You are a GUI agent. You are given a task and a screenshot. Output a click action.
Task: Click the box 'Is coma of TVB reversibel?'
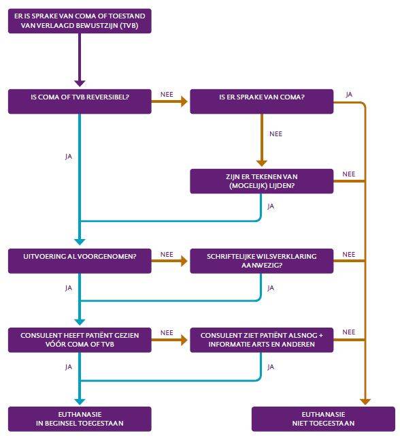pyautogui.click(x=80, y=101)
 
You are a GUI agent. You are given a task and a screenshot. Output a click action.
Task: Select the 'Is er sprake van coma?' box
pyautogui.click(x=262, y=101)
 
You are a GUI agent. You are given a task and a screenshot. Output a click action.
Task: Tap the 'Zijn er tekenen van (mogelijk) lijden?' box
pyautogui.click(x=262, y=181)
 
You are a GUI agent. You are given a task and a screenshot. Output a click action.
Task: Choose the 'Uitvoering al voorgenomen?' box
pyautogui.click(x=80, y=261)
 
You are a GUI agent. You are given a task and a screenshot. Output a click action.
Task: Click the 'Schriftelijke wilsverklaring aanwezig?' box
pyautogui.click(x=262, y=261)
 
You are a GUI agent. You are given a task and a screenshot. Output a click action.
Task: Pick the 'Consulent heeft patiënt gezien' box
pyautogui.click(x=80, y=340)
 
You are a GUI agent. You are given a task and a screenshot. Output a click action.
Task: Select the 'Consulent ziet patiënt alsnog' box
pyautogui.click(x=262, y=340)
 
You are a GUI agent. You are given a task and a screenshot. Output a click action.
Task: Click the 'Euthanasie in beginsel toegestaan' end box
pyautogui.click(x=80, y=419)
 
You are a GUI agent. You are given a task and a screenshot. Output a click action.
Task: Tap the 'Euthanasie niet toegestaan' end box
pyautogui.click(x=323, y=419)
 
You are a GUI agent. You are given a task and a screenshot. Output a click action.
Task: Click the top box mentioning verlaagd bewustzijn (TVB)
pyautogui.click(x=80, y=21)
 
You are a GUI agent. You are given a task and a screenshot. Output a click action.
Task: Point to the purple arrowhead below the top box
pyautogui.click(x=80, y=84)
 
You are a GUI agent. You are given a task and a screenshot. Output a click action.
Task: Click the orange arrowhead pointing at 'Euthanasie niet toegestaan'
pyautogui.click(x=365, y=402)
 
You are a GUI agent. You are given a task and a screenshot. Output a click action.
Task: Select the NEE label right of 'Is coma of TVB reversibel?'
pyautogui.click(x=167, y=95)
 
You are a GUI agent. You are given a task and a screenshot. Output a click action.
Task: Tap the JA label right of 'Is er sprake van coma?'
pyautogui.click(x=349, y=95)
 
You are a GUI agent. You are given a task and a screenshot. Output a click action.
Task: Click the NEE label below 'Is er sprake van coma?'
pyautogui.click(x=276, y=134)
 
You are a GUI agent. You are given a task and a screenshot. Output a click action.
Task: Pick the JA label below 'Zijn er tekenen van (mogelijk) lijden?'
pyautogui.click(x=271, y=206)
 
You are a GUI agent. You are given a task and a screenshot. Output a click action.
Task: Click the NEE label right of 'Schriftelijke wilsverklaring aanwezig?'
pyautogui.click(x=349, y=254)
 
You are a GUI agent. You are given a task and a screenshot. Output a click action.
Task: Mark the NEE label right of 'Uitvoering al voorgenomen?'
pyautogui.click(x=167, y=254)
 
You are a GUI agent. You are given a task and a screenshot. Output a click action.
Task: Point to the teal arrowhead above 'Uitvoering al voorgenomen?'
pyautogui.click(x=80, y=242)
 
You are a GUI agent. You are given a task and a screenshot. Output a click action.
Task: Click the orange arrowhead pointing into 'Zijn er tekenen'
pyautogui.click(x=262, y=163)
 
